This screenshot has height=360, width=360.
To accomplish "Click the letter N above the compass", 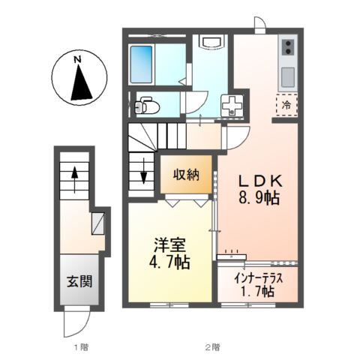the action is [x=78, y=59].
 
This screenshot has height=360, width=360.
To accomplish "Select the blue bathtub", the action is [x=142, y=64].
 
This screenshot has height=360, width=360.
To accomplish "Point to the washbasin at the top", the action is [x=211, y=41].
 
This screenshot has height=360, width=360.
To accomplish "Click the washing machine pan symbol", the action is [x=232, y=106].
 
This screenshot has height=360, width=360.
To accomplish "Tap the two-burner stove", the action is [x=289, y=47].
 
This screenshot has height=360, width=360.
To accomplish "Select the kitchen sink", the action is [x=289, y=77].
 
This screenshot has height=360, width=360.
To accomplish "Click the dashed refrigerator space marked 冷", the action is [x=286, y=105].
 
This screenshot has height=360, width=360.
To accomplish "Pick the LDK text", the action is [x=260, y=181].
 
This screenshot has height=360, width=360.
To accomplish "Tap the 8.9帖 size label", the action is [x=259, y=198].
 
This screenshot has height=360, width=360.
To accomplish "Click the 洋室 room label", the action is [x=169, y=245].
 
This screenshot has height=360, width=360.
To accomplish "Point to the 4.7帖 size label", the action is [x=169, y=262].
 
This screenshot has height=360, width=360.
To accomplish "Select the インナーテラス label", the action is [x=258, y=278].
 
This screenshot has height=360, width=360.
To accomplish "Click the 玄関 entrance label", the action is [x=79, y=281].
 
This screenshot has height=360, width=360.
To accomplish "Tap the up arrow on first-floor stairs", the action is [x=74, y=179].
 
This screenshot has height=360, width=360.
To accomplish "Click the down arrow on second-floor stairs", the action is [x=143, y=170].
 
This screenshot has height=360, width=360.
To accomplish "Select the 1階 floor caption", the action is [x=82, y=346].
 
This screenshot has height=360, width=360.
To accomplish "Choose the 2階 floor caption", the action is [x=213, y=346].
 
